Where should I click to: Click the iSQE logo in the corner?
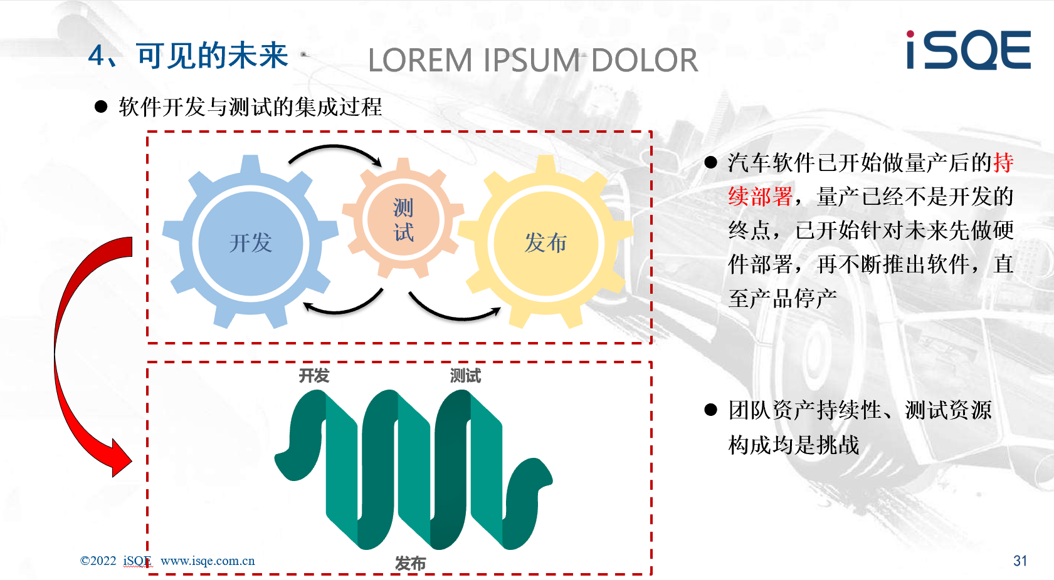point(968,50)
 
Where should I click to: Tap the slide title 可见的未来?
point(212,56)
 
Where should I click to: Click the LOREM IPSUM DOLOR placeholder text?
point(533,61)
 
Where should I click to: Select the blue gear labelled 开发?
point(251,242)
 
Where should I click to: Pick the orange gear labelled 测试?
point(403,219)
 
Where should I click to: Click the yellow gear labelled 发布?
point(546,242)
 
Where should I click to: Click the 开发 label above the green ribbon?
point(314,376)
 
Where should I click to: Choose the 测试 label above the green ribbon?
point(465,376)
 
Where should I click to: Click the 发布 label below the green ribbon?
point(410,563)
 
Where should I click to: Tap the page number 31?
point(1020,561)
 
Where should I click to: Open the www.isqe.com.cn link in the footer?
point(208,561)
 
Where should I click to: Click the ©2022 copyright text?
point(98,561)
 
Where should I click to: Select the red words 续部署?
point(761,197)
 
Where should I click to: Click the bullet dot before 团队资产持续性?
point(710,410)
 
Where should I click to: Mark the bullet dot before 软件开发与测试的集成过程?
point(101,106)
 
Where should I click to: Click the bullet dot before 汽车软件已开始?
point(710,163)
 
